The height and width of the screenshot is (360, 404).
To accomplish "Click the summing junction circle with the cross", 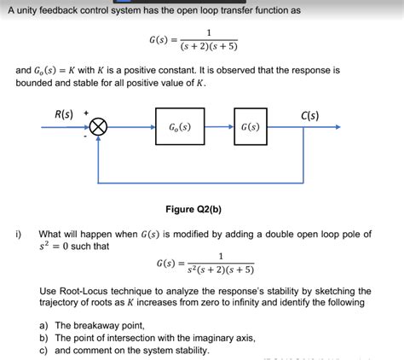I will click(x=99, y=128).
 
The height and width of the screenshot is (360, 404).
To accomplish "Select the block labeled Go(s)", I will click(x=180, y=128).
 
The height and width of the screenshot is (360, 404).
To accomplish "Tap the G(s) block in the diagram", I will click(x=250, y=128).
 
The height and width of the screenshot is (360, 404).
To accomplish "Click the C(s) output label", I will click(x=310, y=115).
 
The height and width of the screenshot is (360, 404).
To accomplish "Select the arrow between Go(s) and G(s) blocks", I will click(x=218, y=128).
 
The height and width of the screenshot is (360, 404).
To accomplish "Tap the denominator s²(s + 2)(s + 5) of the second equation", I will click(x=221, y=270).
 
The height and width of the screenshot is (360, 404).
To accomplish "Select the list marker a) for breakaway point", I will click(x=43, y=325).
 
